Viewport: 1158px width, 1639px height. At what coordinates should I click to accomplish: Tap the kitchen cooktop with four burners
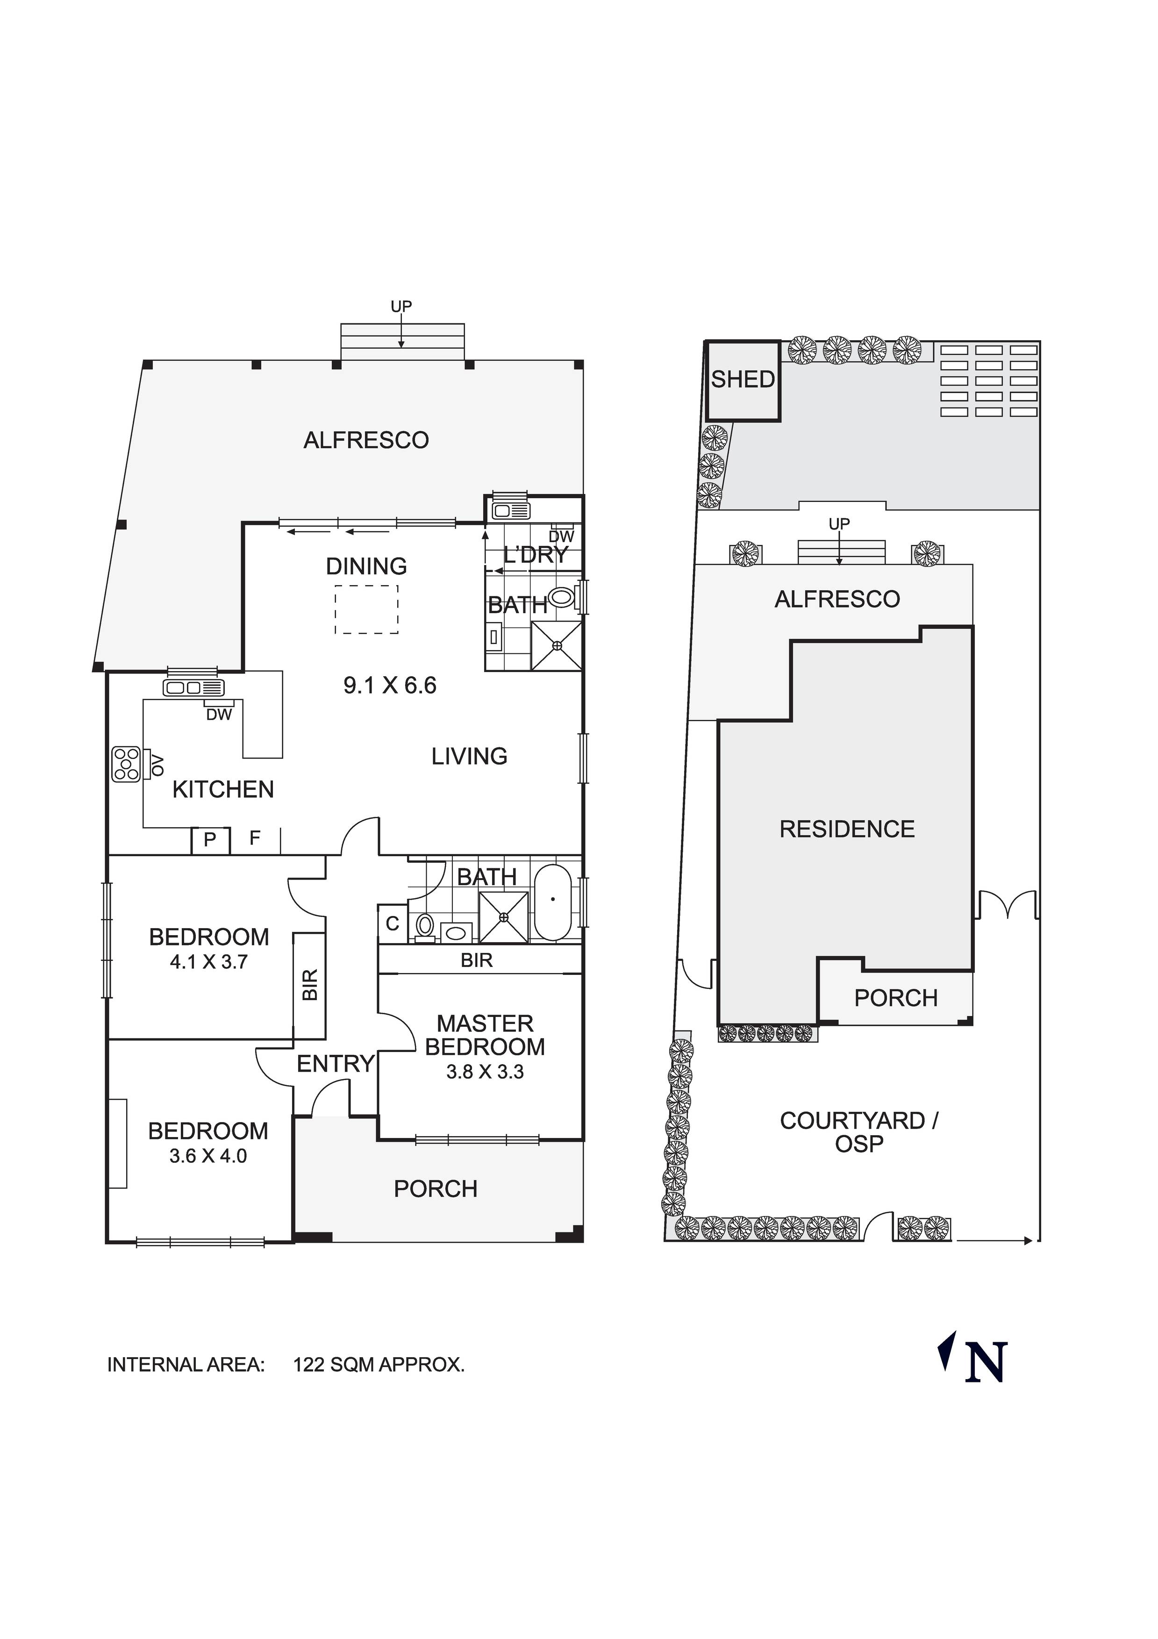[x=126, y=765]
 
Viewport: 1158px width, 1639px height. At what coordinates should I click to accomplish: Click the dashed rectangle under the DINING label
[x=366, y=609]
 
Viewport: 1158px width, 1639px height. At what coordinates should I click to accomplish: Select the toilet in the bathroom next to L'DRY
[x=563, y=597]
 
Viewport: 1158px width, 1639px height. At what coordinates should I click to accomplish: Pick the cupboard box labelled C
[x=392, y=924]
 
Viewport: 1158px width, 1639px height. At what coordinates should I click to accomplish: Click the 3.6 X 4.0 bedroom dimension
[x=208, y=1156]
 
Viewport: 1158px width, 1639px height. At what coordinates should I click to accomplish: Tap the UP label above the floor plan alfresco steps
[x=401, y=306]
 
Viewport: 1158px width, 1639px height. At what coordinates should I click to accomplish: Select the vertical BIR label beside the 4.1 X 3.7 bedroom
[x=310, y=985]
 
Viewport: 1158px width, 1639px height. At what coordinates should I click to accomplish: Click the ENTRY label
[x=336, y=1064]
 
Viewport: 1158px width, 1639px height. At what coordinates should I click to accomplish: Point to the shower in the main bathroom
[x=504, y=917]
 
